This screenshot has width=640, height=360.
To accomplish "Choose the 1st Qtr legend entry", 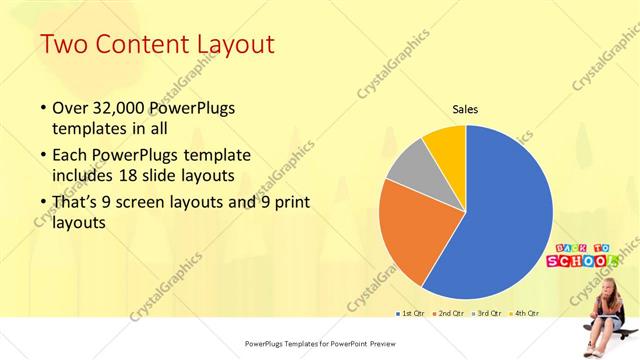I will [x=411, y=313].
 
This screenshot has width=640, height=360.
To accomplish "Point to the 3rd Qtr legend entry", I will [x=490, y=313].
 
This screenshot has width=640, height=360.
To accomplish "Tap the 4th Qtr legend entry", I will [x=526, y=313].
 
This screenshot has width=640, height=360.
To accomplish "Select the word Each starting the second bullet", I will [x=71, y=155].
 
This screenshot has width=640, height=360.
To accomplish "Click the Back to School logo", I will [x=581, y=255].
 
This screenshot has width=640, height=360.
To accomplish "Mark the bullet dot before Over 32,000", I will [x=43, y=107].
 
